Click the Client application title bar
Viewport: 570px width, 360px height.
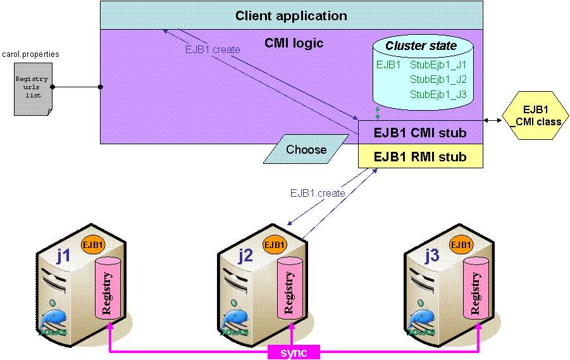click(291, 16)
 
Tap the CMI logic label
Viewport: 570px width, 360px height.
click(294, 44)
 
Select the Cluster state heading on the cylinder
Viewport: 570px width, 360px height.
click(421, 46)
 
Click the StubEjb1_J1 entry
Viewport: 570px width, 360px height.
click(438, 65)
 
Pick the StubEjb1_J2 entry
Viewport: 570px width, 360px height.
click(438, 79)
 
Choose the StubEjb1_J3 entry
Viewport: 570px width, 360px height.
click(438, 94)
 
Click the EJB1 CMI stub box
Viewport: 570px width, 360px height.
click(421, 133)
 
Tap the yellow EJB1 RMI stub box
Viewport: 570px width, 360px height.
click(421, 156)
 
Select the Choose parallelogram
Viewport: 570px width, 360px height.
click(306, 150)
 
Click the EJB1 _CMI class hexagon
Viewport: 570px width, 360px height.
click(535, 116)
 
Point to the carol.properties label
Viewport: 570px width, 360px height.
click(30, 54)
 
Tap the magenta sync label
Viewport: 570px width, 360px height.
click(294, 352)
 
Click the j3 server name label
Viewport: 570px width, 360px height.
click(431, 256)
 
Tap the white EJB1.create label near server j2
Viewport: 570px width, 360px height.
click(318, 194)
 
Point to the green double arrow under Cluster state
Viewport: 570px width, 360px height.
click(378, 113)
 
